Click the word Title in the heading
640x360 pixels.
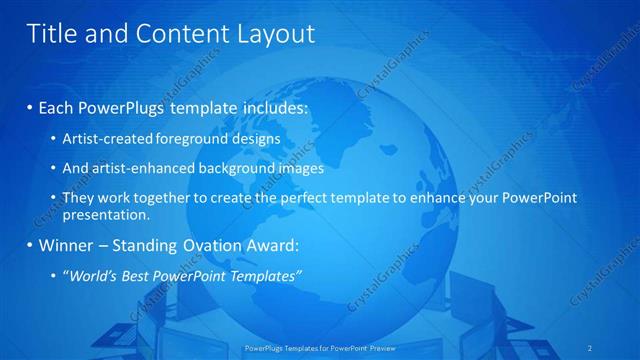pos(51,34)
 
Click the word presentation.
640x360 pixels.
pos(106,214)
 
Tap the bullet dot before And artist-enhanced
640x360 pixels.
pos(53,169)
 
